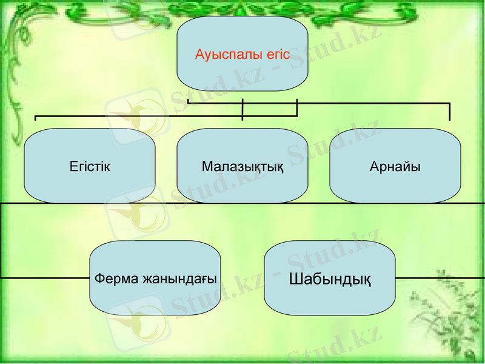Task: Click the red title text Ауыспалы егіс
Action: [x=242, y=55]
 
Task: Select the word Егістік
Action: [x=90, y=166]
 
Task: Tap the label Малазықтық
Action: [x=242, y=166]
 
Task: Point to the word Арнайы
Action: [x=395, y=166]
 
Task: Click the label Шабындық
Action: [x=330, y=280]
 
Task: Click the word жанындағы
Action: [x=179, y=280]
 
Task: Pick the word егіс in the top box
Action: [x=278, y=55]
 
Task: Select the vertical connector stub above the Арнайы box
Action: [x=449, y=112]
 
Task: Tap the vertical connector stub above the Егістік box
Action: [x=36, y=117]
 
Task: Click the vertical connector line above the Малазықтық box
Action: [x=242, y=109]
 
